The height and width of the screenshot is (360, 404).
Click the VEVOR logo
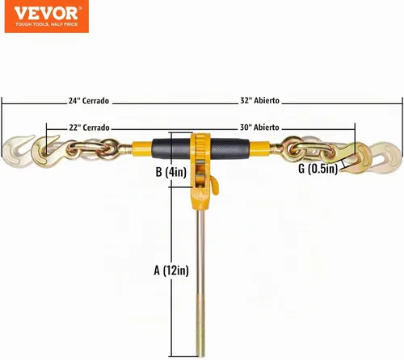(47, 16)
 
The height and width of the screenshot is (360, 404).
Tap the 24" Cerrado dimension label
(89, 101)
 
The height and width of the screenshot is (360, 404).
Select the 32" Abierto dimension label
(260, 101)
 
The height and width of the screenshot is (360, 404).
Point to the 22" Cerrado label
(89, 128)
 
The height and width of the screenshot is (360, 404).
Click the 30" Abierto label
(259, 127)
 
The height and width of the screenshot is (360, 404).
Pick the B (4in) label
(171, 172)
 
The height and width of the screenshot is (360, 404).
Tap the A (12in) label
(171, 270)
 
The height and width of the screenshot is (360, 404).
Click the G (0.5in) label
(318, 169)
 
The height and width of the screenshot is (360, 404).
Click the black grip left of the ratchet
(171, 149)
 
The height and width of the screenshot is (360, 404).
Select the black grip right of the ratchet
(230, 149)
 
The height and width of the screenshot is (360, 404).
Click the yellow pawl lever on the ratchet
(215, 186)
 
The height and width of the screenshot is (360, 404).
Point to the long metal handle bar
(200, 283)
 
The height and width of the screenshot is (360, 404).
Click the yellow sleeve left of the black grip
(142, 149)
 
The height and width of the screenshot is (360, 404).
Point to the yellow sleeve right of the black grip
(260, 149)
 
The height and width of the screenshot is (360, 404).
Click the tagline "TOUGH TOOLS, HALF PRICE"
(46, 24)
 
